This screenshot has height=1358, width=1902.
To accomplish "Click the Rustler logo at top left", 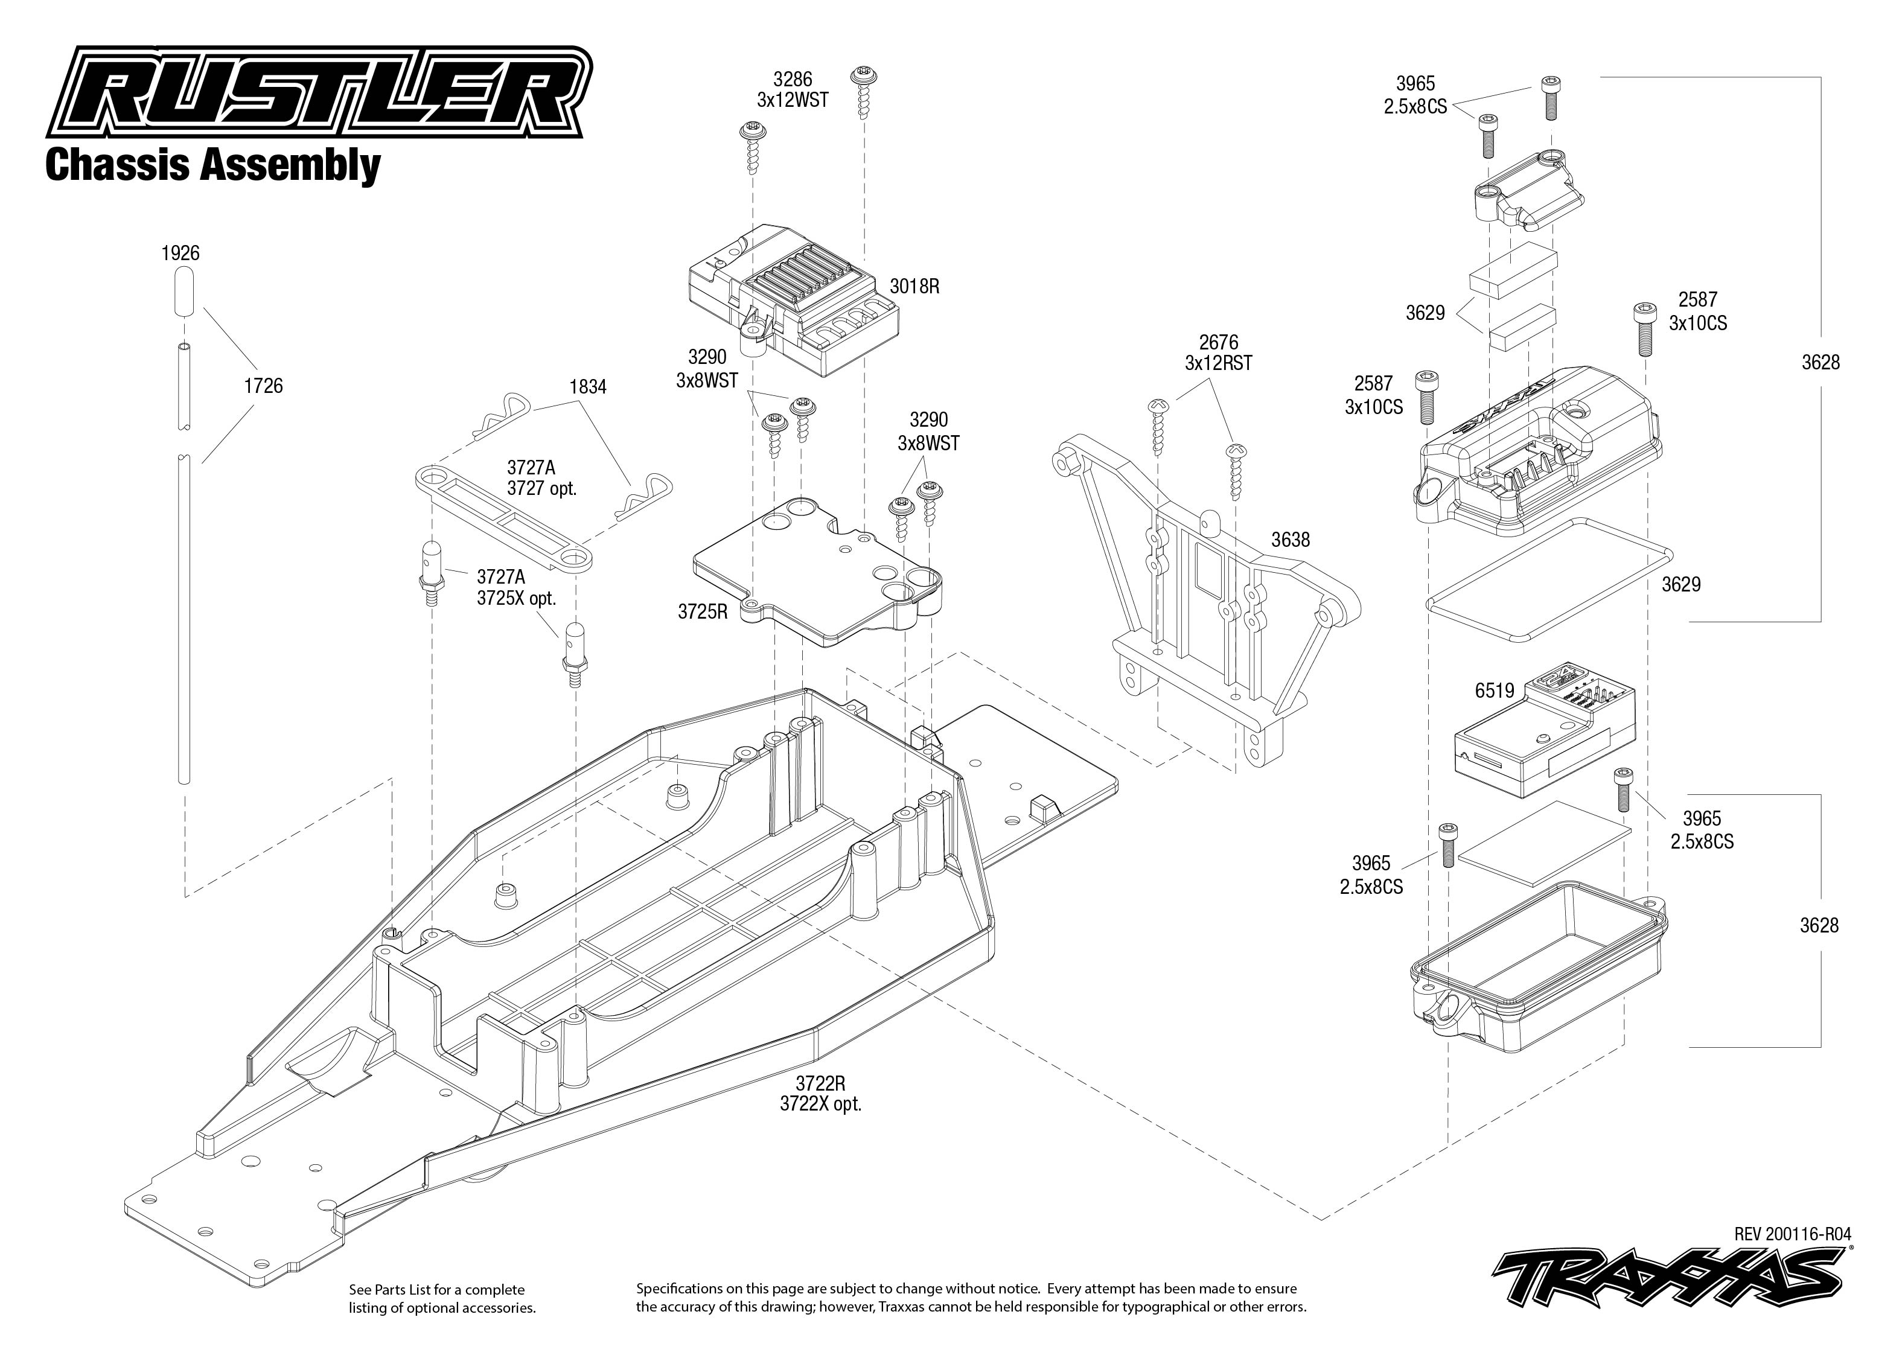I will coord(318,92).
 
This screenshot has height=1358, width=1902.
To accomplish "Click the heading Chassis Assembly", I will coord(212,165).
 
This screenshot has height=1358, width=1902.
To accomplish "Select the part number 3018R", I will coord(914,286).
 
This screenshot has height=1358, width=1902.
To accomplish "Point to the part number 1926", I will coord(180,252).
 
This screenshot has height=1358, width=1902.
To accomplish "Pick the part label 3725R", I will coord(702,611).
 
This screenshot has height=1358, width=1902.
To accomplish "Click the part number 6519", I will coord(1494,690).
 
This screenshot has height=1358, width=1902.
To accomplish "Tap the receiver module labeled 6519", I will coord(1542,744).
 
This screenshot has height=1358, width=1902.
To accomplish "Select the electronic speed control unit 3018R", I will coord(790,301).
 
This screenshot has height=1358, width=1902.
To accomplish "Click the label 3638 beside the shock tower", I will coord(1290,540).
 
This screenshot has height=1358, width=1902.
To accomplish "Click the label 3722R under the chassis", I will coord(820,1085).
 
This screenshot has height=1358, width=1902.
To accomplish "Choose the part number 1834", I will coord(588,386).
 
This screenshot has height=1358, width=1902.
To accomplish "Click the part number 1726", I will coord(263,386).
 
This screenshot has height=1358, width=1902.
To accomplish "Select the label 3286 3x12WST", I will coord(792,89).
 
